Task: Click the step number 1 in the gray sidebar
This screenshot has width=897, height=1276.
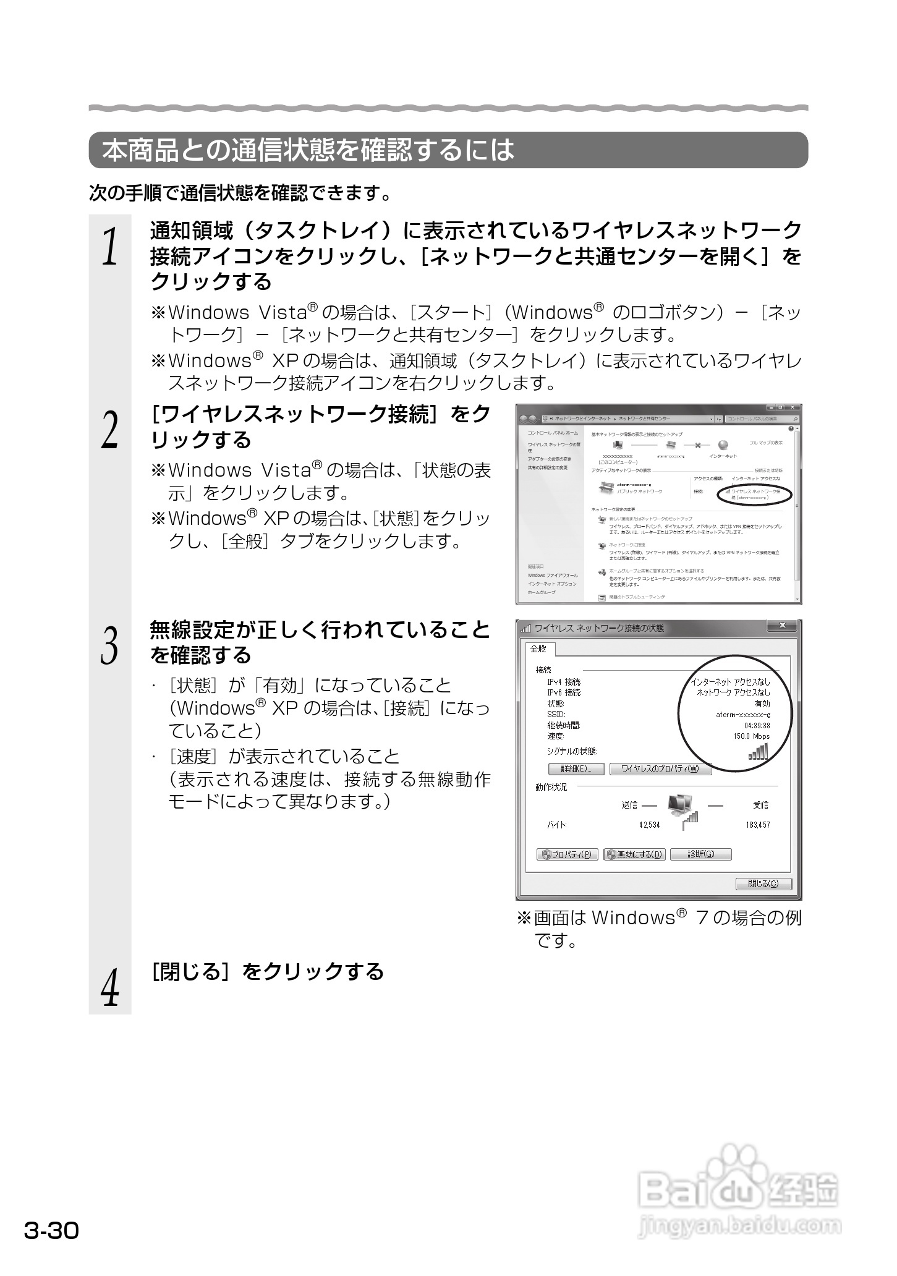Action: tap(110, 245)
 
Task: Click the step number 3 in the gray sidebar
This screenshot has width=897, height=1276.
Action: tap(110, 645)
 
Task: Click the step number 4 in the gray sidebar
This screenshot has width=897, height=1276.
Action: tap(110, 987)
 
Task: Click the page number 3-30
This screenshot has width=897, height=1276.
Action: tap(52, 1230)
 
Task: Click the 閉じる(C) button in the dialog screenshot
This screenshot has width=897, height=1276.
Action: tap(763, 883)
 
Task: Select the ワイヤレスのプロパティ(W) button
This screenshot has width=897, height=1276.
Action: tap(660, 769)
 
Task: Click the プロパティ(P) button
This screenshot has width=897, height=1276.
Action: tap(567, 854)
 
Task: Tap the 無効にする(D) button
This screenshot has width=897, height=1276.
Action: tap(634, 854)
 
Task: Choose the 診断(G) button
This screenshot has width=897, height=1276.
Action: tap(700, 854)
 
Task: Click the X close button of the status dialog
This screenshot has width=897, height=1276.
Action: tap(783, 626)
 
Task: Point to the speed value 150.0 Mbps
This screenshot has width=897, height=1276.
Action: tap(751, 736)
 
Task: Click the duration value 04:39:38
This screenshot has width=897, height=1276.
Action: tap(757, 725)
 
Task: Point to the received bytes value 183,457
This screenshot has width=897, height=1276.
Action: tap(758, 825)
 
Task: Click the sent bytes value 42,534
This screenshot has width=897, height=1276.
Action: tap(649, 825)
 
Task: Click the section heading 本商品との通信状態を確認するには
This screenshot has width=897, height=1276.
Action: tap(308, 150)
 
